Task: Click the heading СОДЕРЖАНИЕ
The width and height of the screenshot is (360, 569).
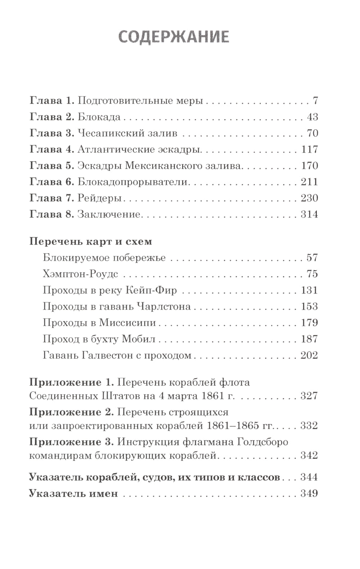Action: [174, 37]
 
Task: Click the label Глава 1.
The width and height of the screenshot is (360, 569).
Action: [51, 101]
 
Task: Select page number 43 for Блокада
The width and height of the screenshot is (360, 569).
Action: [313, 117]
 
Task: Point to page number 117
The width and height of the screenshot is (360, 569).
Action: [309, 149]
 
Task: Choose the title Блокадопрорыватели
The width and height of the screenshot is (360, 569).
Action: [133, 182]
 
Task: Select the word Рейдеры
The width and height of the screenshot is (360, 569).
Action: [99, 198]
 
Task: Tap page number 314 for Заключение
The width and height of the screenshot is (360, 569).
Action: [309, 214]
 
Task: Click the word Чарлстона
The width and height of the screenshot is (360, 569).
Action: [163, 306]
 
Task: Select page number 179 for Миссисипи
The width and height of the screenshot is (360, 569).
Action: [309, 322]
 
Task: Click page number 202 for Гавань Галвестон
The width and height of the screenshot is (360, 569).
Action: [309, 355]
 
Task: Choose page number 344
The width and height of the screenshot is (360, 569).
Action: [309, 478]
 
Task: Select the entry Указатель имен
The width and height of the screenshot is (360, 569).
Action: [73, 493]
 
